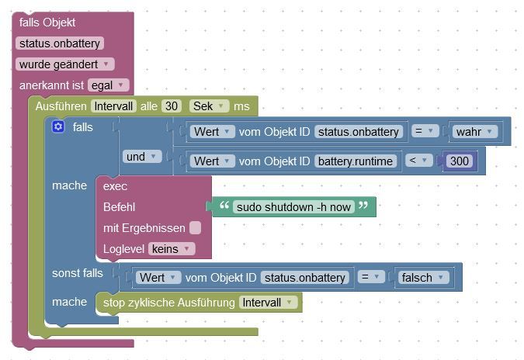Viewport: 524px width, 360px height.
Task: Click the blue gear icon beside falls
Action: (58, 126)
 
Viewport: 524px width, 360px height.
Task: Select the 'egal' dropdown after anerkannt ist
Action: (109, 85)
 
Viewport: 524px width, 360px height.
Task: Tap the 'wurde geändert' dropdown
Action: (64, 64)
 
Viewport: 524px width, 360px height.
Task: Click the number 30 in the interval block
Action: (172, 106)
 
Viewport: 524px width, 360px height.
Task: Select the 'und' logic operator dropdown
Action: (141, 157)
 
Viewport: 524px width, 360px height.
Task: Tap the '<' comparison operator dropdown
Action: (419, 161)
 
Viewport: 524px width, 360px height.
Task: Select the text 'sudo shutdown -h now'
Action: (292, 206)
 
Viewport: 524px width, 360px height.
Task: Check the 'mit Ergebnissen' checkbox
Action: (195, 227)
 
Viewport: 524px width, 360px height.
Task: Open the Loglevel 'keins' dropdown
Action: (171, 248)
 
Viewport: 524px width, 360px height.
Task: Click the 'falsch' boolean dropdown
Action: (423, 277)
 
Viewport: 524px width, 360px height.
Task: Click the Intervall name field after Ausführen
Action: (113, 106)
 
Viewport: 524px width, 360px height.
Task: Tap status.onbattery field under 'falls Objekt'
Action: (59, 43)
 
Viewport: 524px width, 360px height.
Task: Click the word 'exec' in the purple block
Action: (115, 186)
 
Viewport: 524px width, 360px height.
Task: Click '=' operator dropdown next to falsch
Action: (373, 277)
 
